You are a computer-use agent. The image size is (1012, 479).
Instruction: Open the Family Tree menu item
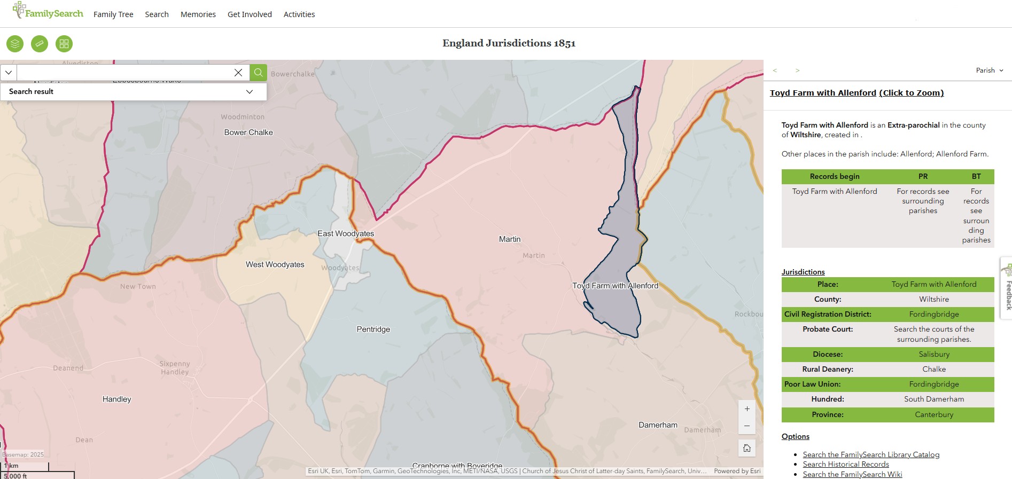tap(113, 14)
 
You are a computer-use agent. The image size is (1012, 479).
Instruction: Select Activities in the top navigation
tap(299, 14)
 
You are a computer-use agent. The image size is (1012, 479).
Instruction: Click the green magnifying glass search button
tap(259, 73)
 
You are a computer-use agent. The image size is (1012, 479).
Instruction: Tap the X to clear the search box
tap(238, 73)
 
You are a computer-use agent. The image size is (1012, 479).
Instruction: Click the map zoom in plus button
tap(747, 409)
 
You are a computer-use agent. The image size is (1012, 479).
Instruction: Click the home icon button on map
tap(747, 448)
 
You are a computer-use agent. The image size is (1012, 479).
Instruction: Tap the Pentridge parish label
tap(373, 329)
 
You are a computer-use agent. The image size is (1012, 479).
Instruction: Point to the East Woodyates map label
tap(346, 234)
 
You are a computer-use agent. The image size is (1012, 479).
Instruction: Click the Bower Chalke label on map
tap(248, 132)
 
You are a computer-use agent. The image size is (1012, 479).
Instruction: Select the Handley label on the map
tap(116, 399)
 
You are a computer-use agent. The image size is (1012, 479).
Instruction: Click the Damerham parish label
tap(658, 425)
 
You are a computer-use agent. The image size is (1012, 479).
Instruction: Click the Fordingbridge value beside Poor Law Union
tap(933, 384)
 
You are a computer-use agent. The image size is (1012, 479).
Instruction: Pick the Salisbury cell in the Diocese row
tap(933, 355)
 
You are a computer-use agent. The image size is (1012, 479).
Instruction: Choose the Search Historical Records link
tap(846, 465)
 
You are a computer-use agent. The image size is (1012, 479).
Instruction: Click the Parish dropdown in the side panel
tap(989, 70)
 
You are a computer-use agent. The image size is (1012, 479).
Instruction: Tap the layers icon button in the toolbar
tap(15, 44)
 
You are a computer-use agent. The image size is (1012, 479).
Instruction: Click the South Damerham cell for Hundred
tap(933, 399)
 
